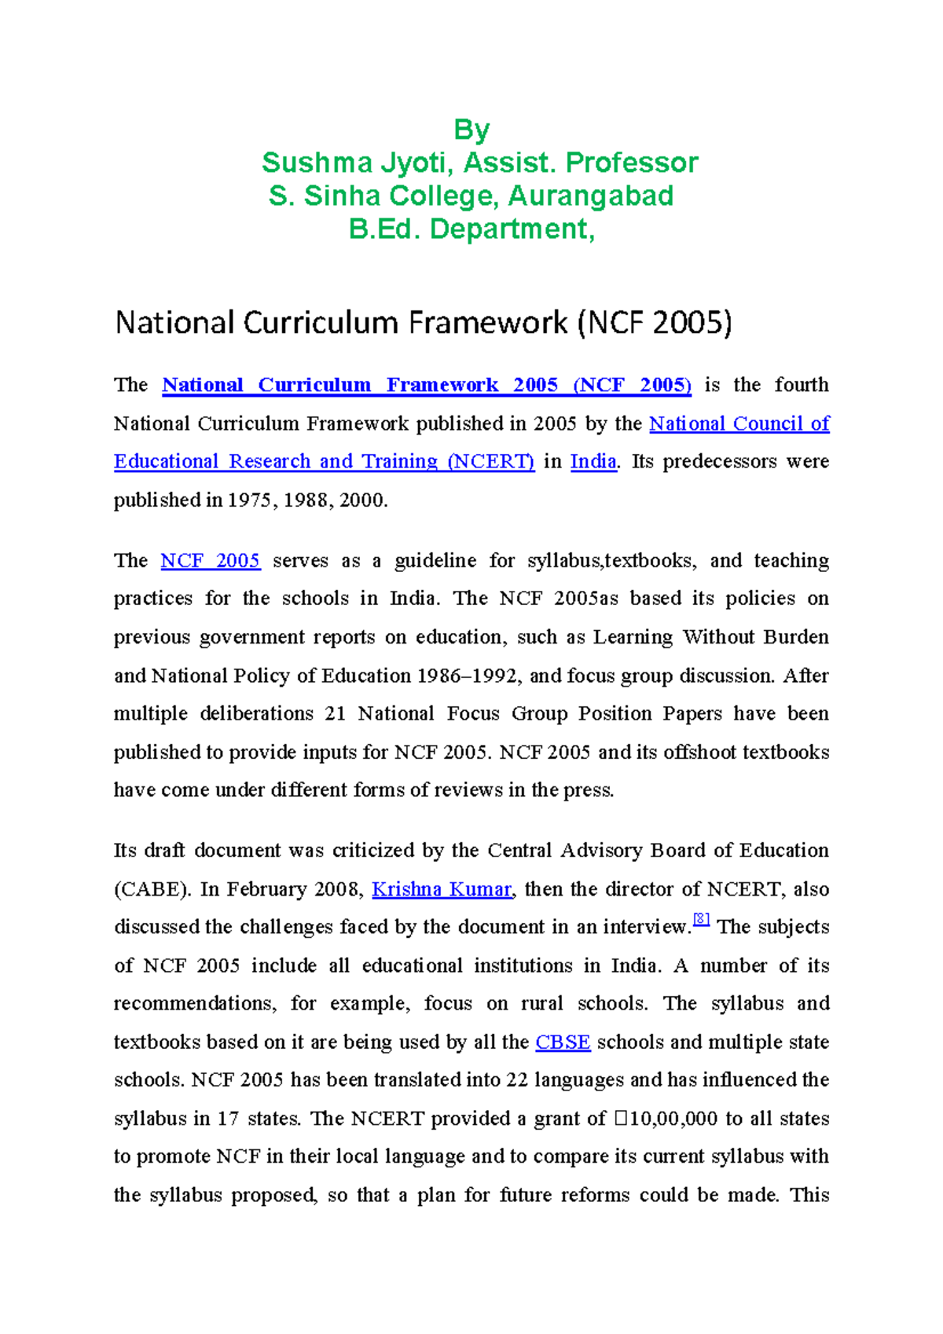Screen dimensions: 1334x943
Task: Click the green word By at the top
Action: [x=472, y=130]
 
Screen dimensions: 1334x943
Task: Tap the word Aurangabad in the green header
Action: [x=590, y=196]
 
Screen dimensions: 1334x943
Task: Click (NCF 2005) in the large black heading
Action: [x=654, y=323]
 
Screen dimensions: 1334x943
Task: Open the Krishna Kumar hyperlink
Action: [x=442, y=889]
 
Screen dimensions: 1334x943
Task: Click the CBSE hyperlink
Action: [x=563, y=1043]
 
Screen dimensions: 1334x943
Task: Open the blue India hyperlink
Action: [x=593, y=461]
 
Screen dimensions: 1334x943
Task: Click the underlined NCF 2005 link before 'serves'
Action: [x=210, y=561]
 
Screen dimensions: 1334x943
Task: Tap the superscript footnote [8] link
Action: [x=701, y=919]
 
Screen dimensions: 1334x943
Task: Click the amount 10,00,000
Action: [x=673, y=1119]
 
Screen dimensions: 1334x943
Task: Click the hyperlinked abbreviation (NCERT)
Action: [x=490, y=461]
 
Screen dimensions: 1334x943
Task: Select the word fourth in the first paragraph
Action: [x=801, y=385]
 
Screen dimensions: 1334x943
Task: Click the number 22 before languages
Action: [x=516, y=1080]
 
